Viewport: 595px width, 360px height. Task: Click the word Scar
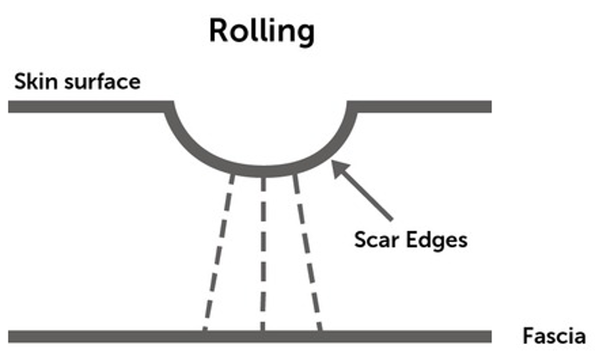(x=376, y=240)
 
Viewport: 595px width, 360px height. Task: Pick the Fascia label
(x=554, y=336)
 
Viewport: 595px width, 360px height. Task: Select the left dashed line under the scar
(x=219, y=251)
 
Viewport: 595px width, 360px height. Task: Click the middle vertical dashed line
(x=263, y=251)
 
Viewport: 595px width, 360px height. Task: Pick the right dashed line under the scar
(x=308, y=251)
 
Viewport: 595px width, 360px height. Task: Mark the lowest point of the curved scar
(x=263, y=171)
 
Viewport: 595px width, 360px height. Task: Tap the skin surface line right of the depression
(x=419, y=107)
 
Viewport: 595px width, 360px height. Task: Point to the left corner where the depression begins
(x=170, y=107)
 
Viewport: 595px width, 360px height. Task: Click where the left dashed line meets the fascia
(x=205, y=333)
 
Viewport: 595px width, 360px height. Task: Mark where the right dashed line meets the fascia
(x=320, y=333)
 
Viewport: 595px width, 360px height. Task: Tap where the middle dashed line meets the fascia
(x=263, y=333)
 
